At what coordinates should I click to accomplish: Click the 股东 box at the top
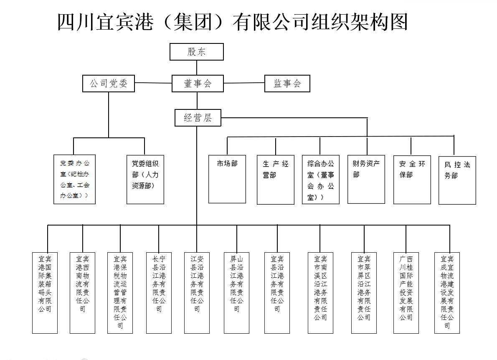click(x=196, y=52)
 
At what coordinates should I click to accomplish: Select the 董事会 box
click(x=198, y=84)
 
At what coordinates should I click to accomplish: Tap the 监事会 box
click(x=287, y=84)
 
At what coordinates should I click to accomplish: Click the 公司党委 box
click(x=109, y=84)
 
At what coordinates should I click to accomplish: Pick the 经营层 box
click(x=198, y=118)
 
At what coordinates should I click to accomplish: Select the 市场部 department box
click(x=227, y=179)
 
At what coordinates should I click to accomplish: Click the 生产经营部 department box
click(x=276, y=180)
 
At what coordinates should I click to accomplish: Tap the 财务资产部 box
click(x=366, y=179)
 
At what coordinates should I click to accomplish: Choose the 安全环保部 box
click(x=412, y=180)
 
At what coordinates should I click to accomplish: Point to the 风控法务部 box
click(x=457, y=180)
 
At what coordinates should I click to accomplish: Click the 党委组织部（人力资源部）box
click(x=145, y=180)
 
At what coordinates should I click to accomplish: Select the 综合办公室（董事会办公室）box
click(x=320, y=180)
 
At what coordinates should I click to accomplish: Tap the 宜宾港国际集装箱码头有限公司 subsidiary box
click(x=45, y=292)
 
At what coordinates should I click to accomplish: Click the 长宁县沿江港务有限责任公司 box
click(x=159, y=292)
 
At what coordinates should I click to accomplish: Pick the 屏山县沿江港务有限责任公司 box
click(x=236, y=292)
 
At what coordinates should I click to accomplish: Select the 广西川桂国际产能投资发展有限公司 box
click(x=406, y=292)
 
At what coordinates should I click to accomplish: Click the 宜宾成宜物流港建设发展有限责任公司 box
click(x=447, y=292)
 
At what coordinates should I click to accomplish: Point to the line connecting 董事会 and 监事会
click(x=244, y=83)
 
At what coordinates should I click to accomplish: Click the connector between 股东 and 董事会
click(x=197, y=68)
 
